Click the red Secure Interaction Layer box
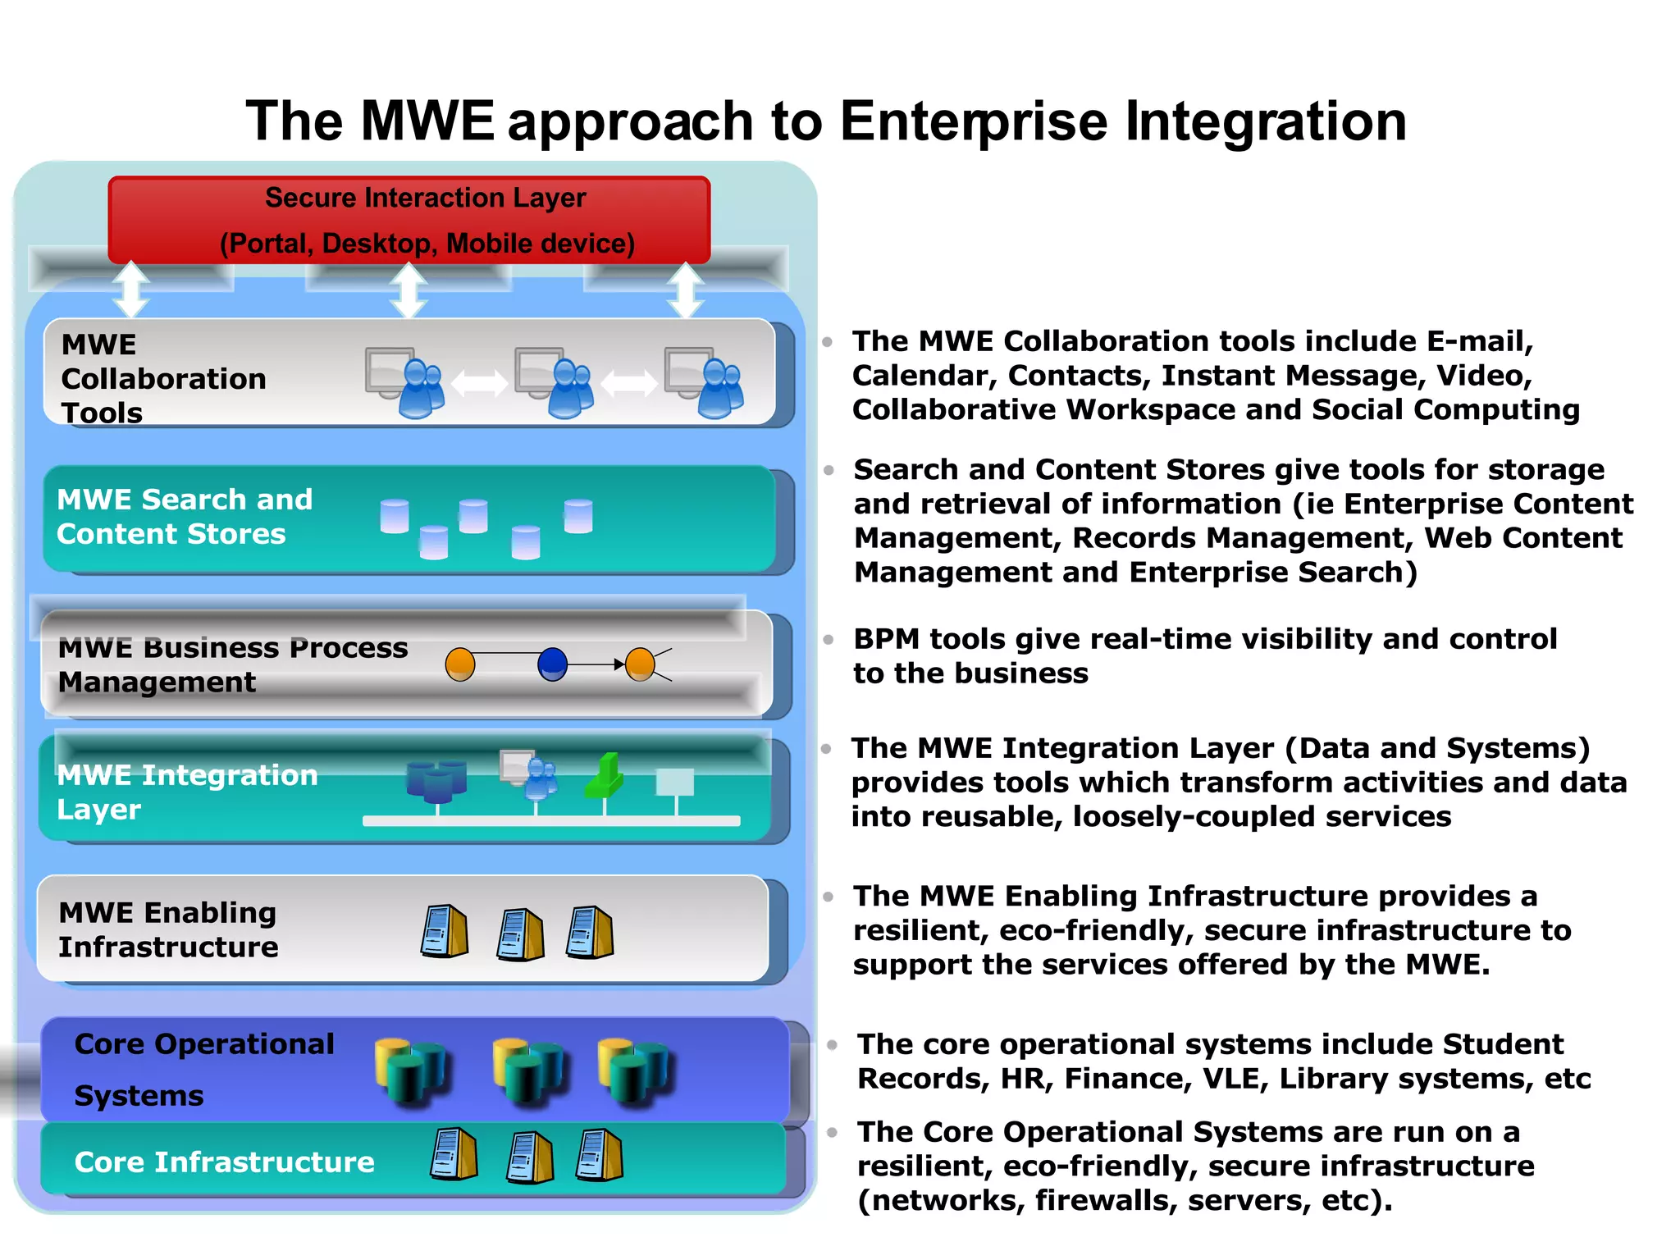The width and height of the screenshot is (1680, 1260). click(409, 219)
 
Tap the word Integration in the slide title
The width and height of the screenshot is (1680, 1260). click(1265, 121)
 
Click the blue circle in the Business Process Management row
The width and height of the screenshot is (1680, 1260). click(552, 664)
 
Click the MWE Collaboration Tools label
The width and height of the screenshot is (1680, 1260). click(163, 378)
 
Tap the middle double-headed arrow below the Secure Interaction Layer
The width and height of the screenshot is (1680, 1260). click(409, 290)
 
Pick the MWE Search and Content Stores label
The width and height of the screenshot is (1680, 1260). click(185, 517)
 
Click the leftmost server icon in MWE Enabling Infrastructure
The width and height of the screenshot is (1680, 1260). click(445, 931)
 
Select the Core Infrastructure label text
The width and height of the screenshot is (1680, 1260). click(224, 1162)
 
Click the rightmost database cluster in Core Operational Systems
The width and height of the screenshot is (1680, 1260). click(633, 1070)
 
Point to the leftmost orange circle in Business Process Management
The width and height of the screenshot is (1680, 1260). click(460, 664)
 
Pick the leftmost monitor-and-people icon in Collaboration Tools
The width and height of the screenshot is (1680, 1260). click(404, 382)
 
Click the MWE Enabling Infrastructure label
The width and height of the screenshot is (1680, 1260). click(168, 929)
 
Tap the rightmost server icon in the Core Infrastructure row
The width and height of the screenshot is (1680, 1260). click(600, 1155)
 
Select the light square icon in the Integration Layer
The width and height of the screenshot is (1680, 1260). click(675, 782)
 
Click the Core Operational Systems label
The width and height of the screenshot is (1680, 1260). click(203, 1069)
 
